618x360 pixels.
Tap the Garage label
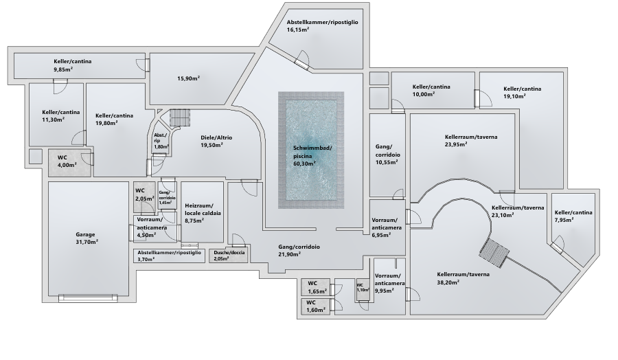[86, 234]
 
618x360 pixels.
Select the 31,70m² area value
[87, 242]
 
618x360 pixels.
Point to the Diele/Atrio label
[216, 137]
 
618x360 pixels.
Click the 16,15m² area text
[298, 30]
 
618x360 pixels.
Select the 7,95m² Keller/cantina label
[573, 213]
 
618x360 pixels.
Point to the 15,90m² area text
[188, 78]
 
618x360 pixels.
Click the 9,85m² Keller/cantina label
[71, 62]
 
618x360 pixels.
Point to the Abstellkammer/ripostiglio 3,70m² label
[169, 253]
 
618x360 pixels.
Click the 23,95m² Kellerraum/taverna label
[471, 137]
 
